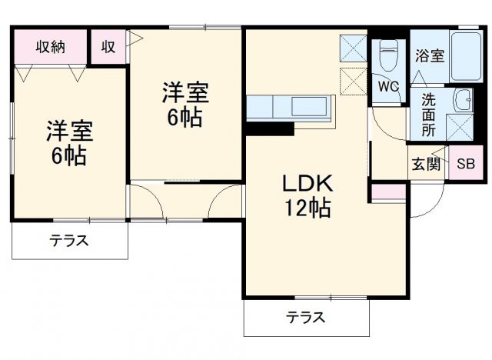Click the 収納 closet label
[50, 46]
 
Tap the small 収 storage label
[108, 46]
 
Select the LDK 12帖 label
[305, 195]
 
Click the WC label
[388, 87]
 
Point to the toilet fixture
[387, 55]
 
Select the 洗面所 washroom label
[428, 115]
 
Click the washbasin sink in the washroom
[463, 99]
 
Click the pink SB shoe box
[466, 163]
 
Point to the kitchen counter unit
[291, 106]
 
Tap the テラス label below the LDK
[305, 316]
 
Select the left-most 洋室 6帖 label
[68, 143]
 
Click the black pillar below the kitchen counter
[269, 128]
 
